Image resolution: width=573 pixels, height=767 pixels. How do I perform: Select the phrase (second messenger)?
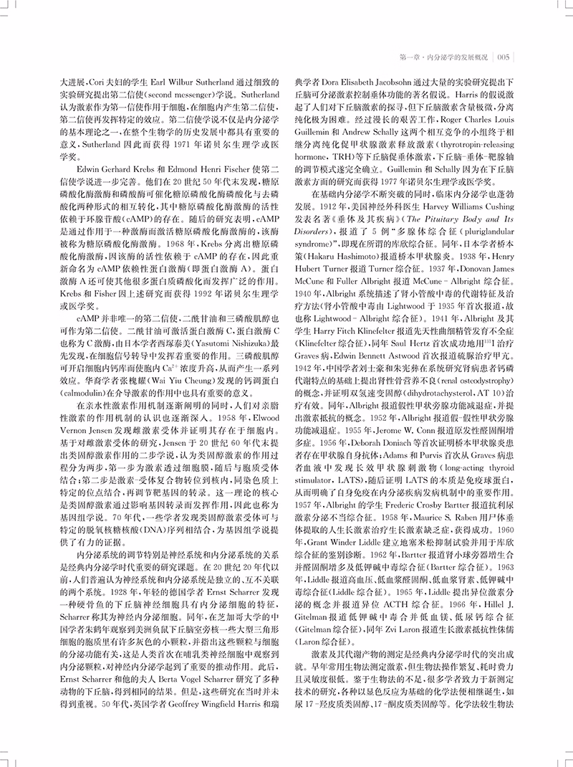[184, 93]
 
